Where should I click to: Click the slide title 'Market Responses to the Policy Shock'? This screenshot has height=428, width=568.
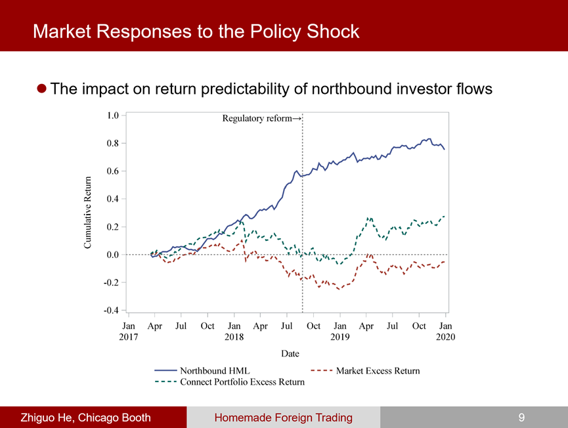click(196, 31)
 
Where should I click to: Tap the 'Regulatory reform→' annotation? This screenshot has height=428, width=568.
click(261, 119)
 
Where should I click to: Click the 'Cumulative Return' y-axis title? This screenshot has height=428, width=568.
click(87, 213)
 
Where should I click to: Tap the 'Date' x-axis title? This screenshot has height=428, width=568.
click(290, 354)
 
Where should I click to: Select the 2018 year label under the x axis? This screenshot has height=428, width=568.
click(234, 337)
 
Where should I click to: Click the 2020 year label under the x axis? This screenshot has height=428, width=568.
click(445, 337)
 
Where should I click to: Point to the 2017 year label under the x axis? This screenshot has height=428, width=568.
click(129, 337)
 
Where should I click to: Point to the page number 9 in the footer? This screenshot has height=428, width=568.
click(521, 417)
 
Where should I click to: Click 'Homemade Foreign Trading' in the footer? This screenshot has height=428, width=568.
click(283, 417)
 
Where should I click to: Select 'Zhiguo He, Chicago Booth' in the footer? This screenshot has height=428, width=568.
click(85, 417)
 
